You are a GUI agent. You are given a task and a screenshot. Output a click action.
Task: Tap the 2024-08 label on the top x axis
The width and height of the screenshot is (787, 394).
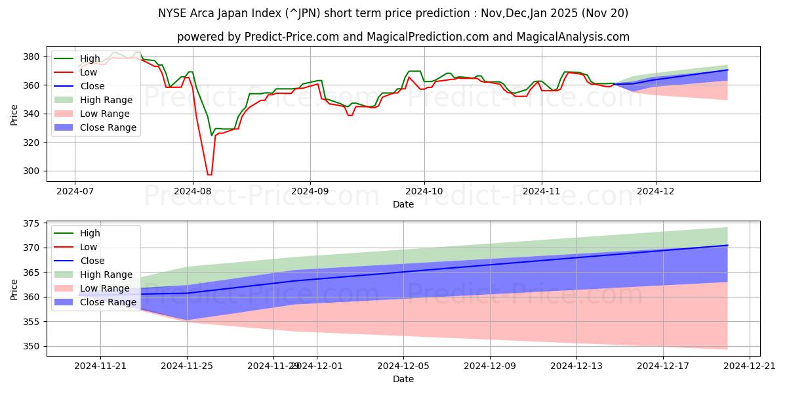click(x=192, y=192)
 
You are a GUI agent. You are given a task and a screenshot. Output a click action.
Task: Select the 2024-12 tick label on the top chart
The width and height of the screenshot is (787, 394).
click(x=656, y=192)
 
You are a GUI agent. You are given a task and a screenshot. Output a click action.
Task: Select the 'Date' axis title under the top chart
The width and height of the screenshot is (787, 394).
click(x=403, y=204)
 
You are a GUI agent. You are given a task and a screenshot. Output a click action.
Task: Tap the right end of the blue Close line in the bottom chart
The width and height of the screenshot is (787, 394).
click(x=727, y=245)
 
